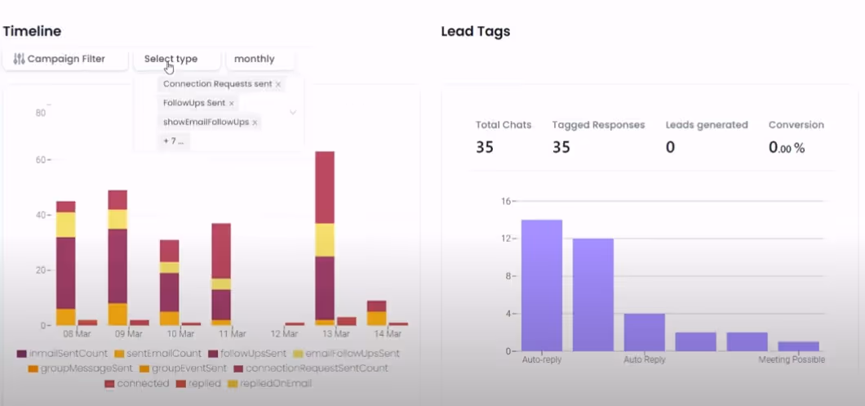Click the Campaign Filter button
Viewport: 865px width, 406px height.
point(65,59)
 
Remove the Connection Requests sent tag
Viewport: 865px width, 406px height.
point(278,84)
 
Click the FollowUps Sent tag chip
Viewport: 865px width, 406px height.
point(194,103)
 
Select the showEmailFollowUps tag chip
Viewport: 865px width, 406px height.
point(206,122)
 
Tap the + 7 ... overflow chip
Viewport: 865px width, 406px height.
point(174,141)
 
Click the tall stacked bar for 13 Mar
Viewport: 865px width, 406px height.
point(325,237)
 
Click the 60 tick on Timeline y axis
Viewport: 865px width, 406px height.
point(40,160)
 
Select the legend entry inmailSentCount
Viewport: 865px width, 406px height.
point(62,354)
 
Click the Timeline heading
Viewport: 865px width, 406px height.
point(32,31)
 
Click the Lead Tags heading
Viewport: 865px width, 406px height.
point(475,31)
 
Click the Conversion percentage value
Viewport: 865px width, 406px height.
point(787,148)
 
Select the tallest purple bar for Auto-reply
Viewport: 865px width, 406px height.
point(542,285)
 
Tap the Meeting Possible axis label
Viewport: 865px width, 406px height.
point(791,359)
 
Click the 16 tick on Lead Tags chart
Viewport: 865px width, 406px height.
point(505,201)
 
